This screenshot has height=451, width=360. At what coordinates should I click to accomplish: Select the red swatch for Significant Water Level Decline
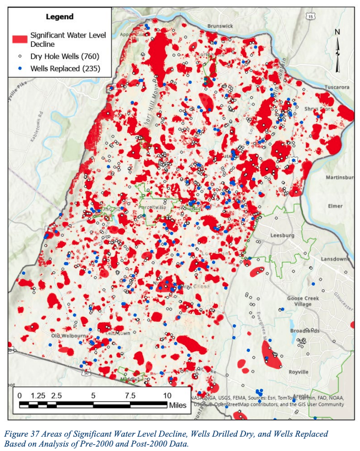20,39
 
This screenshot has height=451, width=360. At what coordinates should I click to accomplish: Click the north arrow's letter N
338,31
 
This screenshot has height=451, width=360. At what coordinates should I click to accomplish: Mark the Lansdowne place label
334,259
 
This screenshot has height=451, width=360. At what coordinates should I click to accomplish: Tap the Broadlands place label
305,330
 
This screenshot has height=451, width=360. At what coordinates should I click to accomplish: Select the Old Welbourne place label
66,335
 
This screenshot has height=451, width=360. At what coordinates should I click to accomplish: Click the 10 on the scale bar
166,395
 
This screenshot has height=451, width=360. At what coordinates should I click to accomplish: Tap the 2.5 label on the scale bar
56,395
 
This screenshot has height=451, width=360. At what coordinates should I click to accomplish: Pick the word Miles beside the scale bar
178,405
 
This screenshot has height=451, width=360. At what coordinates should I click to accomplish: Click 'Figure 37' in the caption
23,434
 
